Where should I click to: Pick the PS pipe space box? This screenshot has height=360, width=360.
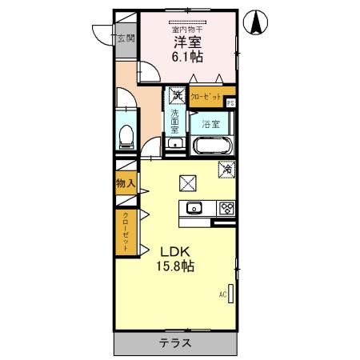pyautogui.click(x=230, y=102)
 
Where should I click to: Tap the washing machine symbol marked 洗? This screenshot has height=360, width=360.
pyautogui.click(x=178, y=96)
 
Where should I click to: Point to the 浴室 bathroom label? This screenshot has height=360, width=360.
pyautogui.click(x=210, y=124)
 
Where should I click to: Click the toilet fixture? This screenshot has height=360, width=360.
pyautogui.click(x=125, y=134)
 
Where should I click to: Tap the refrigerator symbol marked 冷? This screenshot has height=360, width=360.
pyautogui.click(x=227, y=169)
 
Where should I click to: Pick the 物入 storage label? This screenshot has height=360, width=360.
pyautogui.click(x=125, y=183)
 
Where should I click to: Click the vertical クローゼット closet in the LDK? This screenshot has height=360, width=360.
pyautogui.click(x=125, y=231)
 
